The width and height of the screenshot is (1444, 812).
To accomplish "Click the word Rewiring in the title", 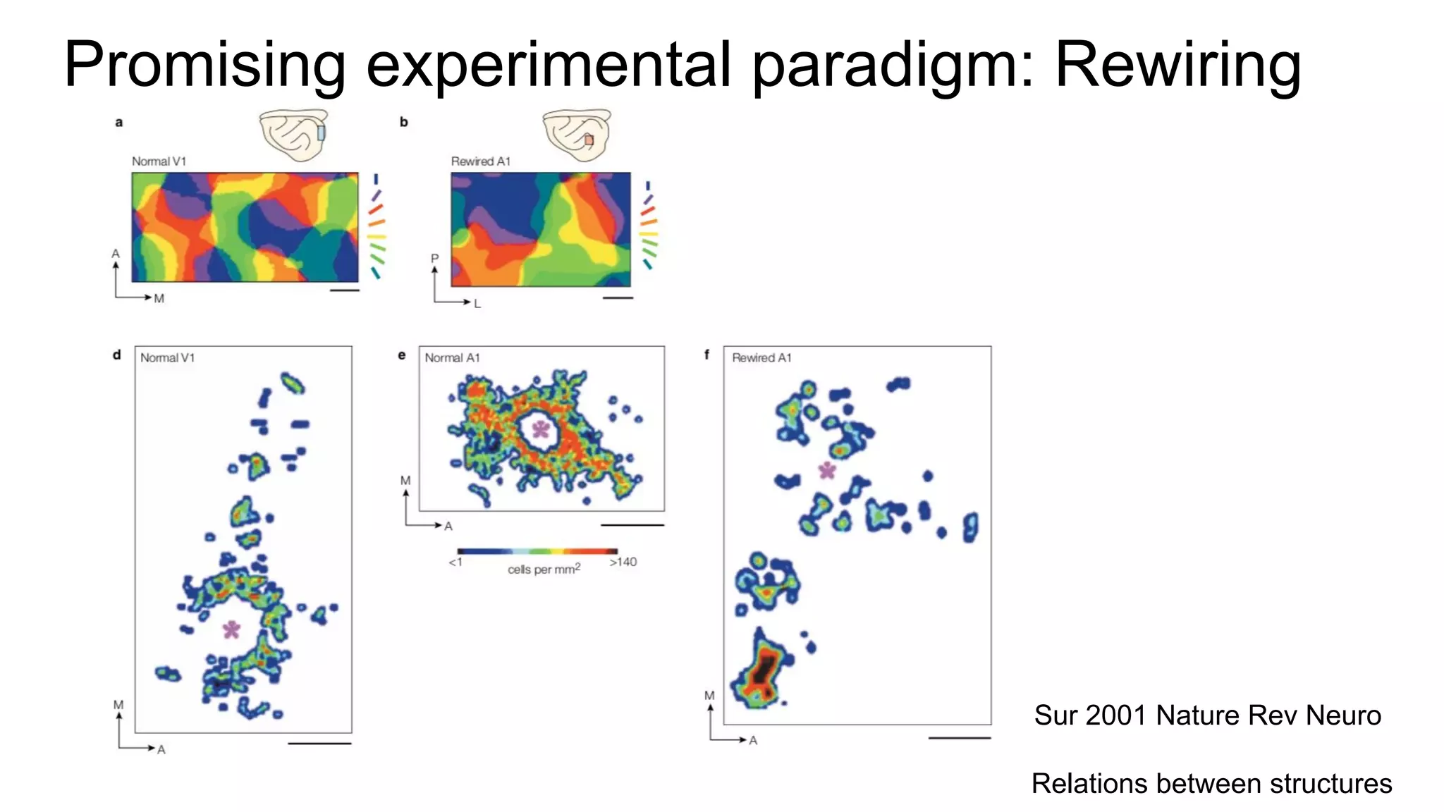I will (x=1177, y=65).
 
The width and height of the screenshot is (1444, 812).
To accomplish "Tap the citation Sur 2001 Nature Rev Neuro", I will (x=1207, y=715).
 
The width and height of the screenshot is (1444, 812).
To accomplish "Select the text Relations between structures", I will (x=1211, y=783).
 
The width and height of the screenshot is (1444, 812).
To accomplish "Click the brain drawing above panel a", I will (x=294, y=134).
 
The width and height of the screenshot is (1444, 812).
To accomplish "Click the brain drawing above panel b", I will (x=577, y=134).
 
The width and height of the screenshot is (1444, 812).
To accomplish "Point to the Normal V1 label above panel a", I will (x=159, y=161).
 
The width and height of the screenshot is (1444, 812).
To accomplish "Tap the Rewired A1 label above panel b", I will (x=480, y=161).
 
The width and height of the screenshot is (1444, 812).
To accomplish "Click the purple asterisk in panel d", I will (x=231, y=629).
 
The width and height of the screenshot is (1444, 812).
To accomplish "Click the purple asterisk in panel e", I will (x=541, y=429).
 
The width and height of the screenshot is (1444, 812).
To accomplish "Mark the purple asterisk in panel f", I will (x=827, y=470).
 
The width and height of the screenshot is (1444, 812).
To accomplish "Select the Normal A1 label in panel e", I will (x=452, y=358).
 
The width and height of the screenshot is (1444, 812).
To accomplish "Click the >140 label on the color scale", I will (x=623, y=562).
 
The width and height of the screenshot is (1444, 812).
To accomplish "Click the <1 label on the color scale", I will (x=455, y=562).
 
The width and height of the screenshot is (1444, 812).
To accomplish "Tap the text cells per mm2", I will (x=544, y=569).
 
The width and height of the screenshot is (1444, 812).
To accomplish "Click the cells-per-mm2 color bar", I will (x=537, y=551).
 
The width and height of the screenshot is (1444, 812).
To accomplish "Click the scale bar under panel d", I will (x=319, y=743).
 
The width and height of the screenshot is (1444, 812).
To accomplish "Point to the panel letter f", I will (x=706, y=355).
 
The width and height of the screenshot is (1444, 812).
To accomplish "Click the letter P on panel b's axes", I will (x=434, y=259).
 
